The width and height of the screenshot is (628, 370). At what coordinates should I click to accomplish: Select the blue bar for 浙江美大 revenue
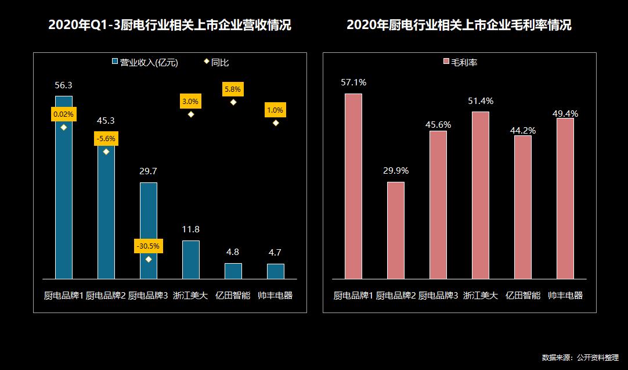(x=191, y=260)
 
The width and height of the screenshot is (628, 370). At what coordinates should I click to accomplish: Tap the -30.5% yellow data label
(x=149, y=246)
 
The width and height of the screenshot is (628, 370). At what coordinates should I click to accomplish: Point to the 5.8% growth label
(x=233, y=89)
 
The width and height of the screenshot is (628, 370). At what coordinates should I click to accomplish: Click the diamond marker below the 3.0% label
(x=191, y=114)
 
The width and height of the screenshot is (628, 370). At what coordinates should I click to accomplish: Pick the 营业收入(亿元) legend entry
(x=145, y=62)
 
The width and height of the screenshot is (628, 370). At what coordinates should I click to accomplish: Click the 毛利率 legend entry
(x=460, y=62)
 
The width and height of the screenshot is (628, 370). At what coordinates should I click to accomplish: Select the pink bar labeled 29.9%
(x=396, y=231)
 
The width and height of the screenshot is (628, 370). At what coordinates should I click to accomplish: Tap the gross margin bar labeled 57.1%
(x=353, y=186)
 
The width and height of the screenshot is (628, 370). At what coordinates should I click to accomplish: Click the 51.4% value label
(x=481, y=102)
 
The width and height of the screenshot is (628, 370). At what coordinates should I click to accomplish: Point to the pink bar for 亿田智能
(x=523, y=207)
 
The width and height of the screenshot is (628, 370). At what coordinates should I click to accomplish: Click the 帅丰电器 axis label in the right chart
(x=565, y=296)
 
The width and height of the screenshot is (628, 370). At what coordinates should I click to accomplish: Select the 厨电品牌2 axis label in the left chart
(x=106, y=296)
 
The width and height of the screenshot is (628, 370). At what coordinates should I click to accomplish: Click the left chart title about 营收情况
(x=169, y=26)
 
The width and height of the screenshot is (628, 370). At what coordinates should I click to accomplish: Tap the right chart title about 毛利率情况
(x=459, y=26)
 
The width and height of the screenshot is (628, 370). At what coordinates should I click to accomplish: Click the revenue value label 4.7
(x=276, y=253)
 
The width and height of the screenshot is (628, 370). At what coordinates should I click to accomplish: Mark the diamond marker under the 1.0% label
(x=276, y=123)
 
